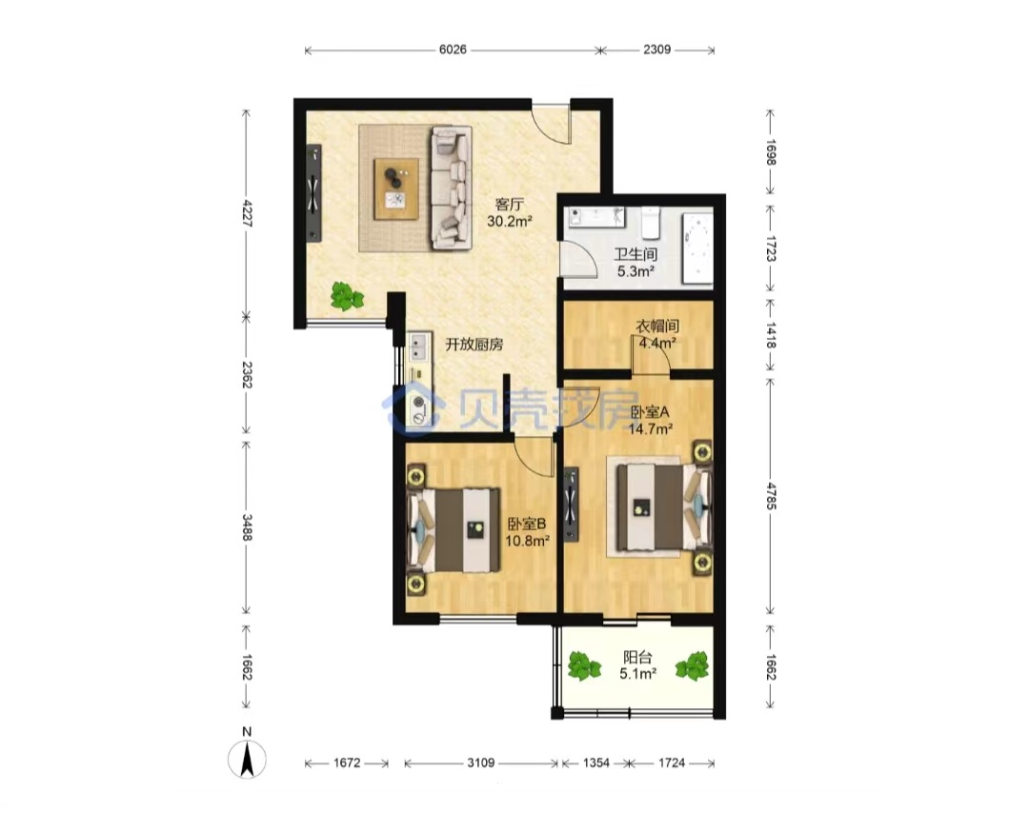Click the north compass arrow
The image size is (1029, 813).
[247, 760]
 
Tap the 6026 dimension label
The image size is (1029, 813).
[453, 50]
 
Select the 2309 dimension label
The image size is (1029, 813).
[656, 50]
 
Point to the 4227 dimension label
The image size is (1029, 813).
[247, 213]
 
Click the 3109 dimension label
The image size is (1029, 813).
[481, 763]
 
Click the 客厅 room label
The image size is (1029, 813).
[509, 205]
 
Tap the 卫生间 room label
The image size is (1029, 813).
[636, 254]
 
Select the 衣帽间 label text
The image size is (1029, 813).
[656, 326]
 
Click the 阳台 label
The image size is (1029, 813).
[637, 657]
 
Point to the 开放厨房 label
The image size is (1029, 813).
[474, 345]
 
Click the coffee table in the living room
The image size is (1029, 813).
[395, 188]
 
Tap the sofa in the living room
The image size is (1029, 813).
[451, 188]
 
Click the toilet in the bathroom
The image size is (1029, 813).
[650, 222]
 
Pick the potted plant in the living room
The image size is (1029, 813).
[346, 296]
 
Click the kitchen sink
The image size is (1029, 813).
[418, 347]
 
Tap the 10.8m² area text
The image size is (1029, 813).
[527, 541]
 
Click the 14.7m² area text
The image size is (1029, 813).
[651, 429]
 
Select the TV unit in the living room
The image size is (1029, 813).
[313, 192]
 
